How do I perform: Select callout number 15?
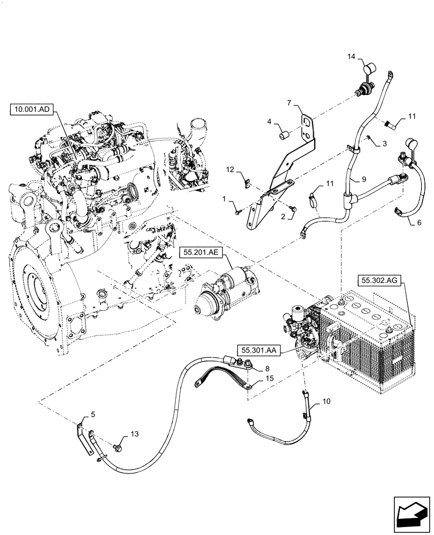pos(256,378)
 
